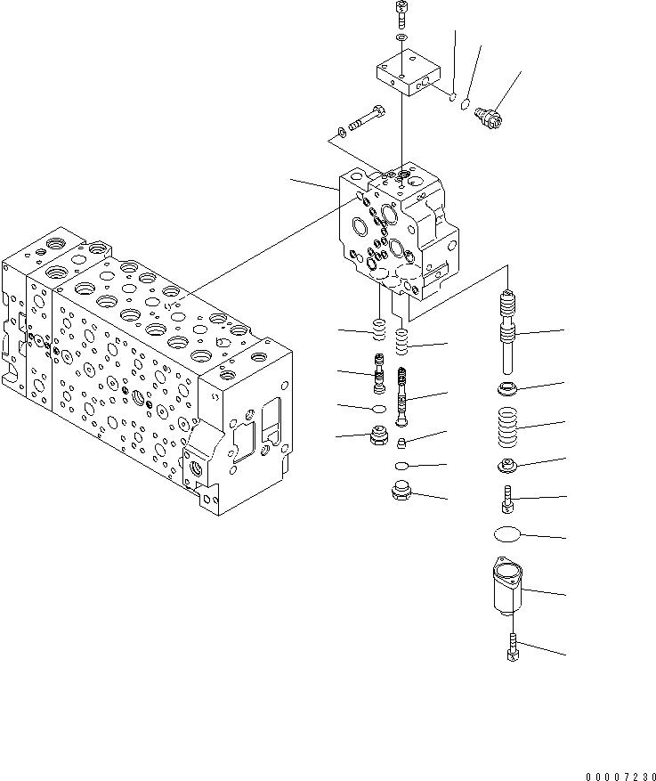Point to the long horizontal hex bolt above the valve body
[x=365, y=118]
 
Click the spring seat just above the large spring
[x=509, y=388]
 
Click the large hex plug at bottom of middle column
[x=402, y=492]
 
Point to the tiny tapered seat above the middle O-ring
[x=402, y=443]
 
